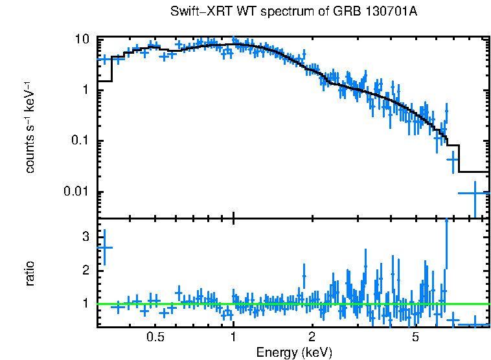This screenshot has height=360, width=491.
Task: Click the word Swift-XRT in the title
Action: [x=200, y=12]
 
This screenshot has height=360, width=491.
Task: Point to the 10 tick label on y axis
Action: [x=81, y=39]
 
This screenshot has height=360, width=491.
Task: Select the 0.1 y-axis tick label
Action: [x=79, y=141]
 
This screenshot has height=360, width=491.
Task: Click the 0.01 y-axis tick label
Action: [x=76, y=192]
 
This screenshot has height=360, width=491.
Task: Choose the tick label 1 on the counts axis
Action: [x=85, y=90]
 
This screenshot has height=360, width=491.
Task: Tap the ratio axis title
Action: [x=30, y=273]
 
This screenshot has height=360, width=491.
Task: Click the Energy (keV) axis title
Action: [x=294, y=353]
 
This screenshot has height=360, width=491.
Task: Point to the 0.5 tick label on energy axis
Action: [x=155, y=337]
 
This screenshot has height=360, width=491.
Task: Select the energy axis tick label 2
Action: [x=312, y=337]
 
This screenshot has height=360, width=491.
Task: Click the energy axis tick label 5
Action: [x=415, y=337]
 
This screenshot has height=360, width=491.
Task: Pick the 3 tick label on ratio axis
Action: [x=85, y=237]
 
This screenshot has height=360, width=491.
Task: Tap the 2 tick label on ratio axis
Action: [x=85, y=270]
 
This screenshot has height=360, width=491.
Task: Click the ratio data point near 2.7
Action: [x=104, y=247]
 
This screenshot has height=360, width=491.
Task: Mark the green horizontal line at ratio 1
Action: [x=291, y=304]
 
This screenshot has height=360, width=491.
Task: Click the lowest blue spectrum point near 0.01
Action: [x=475, y=193]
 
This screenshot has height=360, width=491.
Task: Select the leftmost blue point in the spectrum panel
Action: [x=104, y=59]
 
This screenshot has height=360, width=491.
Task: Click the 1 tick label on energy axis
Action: [x=233, y=337]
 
